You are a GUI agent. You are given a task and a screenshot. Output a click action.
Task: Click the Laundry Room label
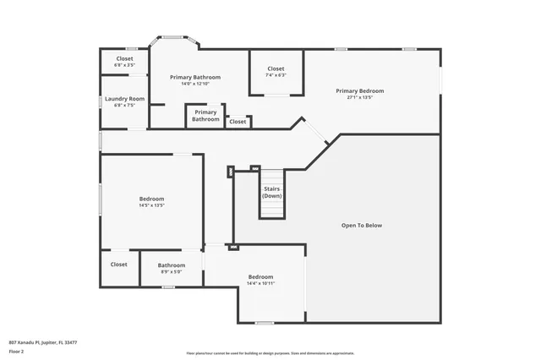point(124,99)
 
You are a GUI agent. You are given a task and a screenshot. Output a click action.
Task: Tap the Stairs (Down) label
point(271,192)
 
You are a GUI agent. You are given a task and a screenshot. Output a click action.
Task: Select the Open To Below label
point(362,226)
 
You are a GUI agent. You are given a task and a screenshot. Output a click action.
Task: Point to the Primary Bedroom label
point(359,90)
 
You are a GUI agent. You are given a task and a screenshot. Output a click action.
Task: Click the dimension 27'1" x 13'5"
point(359,98)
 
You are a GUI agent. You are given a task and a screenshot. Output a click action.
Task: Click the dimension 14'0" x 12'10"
point(194,84)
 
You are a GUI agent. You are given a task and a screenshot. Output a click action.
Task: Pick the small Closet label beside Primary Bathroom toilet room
point(238,122)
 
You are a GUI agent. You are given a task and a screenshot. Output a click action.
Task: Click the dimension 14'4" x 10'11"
point(260,284)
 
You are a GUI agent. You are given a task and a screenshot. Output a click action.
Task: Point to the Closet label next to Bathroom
point(118,265)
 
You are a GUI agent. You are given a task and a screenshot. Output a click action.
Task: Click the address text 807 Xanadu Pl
point(43,342)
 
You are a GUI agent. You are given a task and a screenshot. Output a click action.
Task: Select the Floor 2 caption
point(18,350)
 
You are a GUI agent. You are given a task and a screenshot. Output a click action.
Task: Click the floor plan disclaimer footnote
point(270,352)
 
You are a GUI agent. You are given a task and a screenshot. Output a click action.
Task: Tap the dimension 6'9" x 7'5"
point(124,106)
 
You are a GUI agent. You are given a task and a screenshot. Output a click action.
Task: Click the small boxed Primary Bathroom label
point(205,116)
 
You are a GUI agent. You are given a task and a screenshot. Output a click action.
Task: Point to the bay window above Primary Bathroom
point(174,37)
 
